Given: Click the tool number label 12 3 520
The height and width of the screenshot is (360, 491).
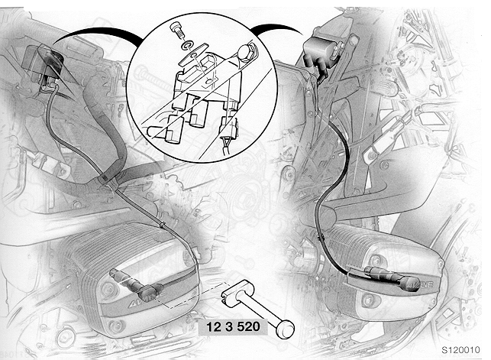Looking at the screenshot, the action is (234, 326).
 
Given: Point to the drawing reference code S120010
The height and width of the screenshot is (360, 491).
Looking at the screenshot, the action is (460, 350).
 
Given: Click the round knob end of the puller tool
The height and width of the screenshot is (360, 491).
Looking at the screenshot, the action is (285, 329).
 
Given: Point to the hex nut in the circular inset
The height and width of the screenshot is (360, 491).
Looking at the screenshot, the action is (246, 52).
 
